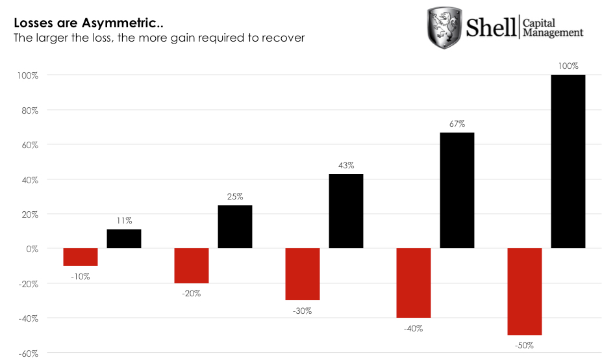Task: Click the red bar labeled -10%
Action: click(81, 257)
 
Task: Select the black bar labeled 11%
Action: click(124, 239)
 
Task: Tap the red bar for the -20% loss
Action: click(192, 266)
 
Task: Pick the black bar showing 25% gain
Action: click(235, 227)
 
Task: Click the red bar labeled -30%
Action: click(303, 274)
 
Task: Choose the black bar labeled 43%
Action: click(346, 211)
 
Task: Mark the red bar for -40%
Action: click(414, 283)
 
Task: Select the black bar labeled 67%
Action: click(457, 190)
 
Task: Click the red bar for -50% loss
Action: click(525, 292)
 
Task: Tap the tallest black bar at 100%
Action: click(568, 162)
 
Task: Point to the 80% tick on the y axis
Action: click(29, 110)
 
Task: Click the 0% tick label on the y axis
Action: click(31, 249)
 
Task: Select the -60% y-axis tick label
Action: click(28, 353)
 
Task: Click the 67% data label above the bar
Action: click(457, 123)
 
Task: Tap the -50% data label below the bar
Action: click(525, 346)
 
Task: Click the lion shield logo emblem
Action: click(443, 27)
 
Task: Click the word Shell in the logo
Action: click(491, 27)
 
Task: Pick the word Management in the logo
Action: click(553, 32)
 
